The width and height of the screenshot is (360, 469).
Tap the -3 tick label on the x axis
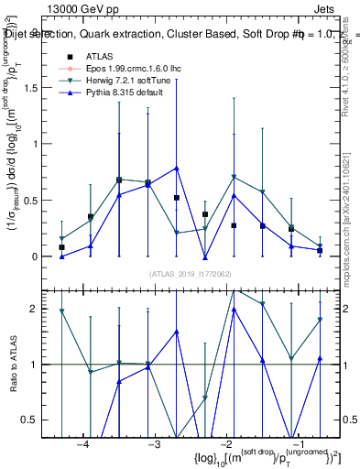(155, 444)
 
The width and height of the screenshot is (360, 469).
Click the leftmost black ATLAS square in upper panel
(61, 247)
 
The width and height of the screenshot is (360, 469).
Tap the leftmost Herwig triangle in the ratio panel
(61, 311)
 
